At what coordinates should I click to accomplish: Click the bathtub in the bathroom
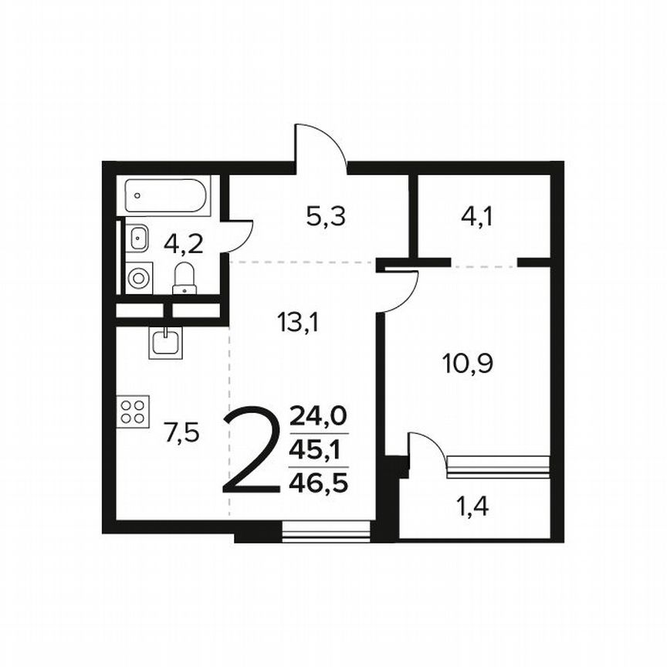coord(167,196)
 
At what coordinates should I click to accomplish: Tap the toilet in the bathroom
coord(185,279)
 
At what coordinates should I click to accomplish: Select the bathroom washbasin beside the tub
coord(138,236)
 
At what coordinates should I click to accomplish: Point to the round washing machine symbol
coord(139,277)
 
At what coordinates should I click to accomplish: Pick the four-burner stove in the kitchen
coord(134,411)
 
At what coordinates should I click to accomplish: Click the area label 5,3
coord(325,217)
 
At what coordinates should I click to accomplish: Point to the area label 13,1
coord(298,320)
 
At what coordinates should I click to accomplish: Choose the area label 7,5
coord(181,432)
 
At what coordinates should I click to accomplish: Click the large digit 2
coord(250,452)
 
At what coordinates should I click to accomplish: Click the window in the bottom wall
coord(327,531)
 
